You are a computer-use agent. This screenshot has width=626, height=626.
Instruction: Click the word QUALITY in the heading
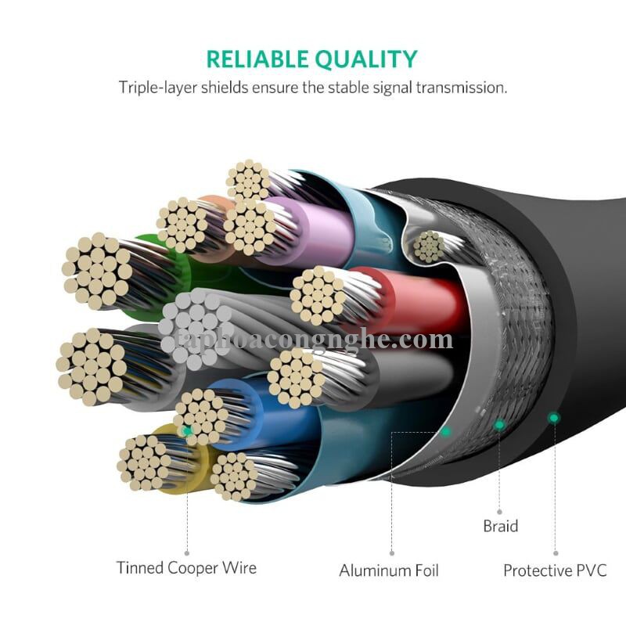pyautogui.click(x=365, y=59)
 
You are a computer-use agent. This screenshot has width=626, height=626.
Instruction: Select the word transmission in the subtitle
pyautogui.click(x=462, y=87)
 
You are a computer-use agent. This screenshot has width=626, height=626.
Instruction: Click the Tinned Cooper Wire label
pyautogui.click(x=186, y=567)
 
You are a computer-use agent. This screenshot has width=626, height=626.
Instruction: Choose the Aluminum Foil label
pyautogui.click(x=389, y=570)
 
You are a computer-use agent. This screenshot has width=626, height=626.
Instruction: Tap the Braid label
pyautogui.click(x=500, y=526)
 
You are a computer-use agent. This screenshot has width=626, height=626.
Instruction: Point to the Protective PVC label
pyautogui.click(x=555, y=570)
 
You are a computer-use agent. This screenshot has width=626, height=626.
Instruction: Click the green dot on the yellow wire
pyautogui.click(x=187, y=430)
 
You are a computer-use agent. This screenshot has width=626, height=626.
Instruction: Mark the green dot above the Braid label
pyautogui.click(x=499, y=425)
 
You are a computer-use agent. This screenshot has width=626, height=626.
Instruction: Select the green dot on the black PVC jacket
pyautogui.click(x=553, y=419)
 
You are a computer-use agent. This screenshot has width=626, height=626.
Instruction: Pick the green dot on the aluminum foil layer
pyautogui.click(x=446, y=431)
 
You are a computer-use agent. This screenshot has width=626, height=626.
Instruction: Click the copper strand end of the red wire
pyautogui.click(x=318, y=296)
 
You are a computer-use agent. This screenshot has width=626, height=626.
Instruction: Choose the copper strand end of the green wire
pyautogui.click(x=97, y=270)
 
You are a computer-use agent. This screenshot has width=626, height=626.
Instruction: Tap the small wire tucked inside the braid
pyautogui.click(x=429, y=246)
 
